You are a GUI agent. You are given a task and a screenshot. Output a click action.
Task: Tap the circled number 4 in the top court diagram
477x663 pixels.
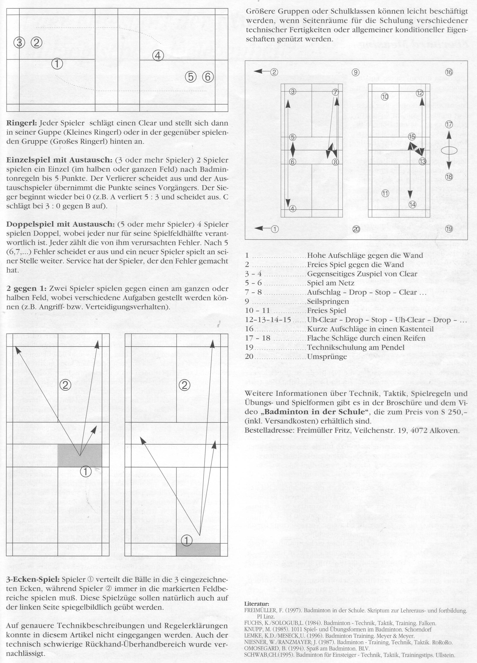coord(158,56)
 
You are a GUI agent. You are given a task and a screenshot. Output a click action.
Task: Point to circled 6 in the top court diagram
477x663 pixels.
coord(208,77)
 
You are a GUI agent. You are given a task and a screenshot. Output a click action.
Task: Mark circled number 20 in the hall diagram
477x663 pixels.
coord(356,230)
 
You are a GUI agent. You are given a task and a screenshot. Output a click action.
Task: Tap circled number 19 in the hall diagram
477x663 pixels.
coord(449,228)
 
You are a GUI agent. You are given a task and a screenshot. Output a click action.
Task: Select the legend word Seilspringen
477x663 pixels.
coord(324,301)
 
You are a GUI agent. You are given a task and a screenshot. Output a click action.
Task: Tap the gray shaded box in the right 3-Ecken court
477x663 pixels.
coord(198,550)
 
